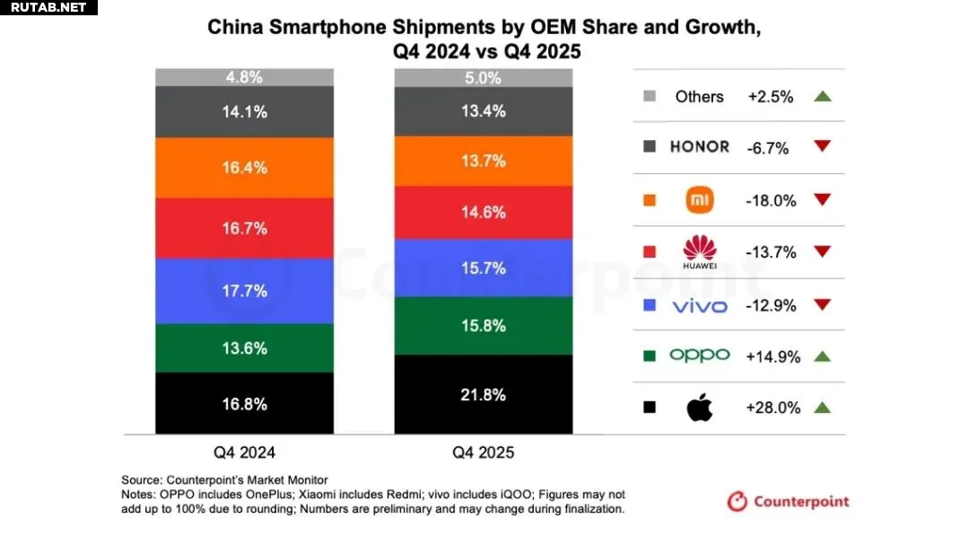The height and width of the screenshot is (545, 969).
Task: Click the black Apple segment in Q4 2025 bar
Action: [x=484, y=394]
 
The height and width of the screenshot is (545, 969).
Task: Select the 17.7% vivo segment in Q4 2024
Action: [x=245, y=290]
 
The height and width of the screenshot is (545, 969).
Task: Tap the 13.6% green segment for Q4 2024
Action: [x=245, y=347]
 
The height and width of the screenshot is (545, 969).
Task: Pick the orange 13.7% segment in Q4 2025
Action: [x=484, y=161]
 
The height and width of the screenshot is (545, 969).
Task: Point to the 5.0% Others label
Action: [x=484, y=78]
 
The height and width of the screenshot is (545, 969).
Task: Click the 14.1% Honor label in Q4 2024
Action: [x=245, y=111]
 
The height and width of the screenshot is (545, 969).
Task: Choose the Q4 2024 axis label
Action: [x=245, y=453]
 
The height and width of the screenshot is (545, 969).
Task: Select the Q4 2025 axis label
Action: [x=484, y=453]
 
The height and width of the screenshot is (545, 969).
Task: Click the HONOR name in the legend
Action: [x=699, y=147]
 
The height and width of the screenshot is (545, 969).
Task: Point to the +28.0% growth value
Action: [x=773, y=408]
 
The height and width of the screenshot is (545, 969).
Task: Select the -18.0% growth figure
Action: [x=771, y=200]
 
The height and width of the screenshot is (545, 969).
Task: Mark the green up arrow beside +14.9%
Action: [x=821, y=356]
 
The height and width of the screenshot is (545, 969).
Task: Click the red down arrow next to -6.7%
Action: [x=821, y=147]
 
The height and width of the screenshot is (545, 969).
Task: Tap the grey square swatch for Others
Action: [x=650, y=96]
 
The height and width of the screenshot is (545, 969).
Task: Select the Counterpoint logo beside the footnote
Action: [x=788, y=501]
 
